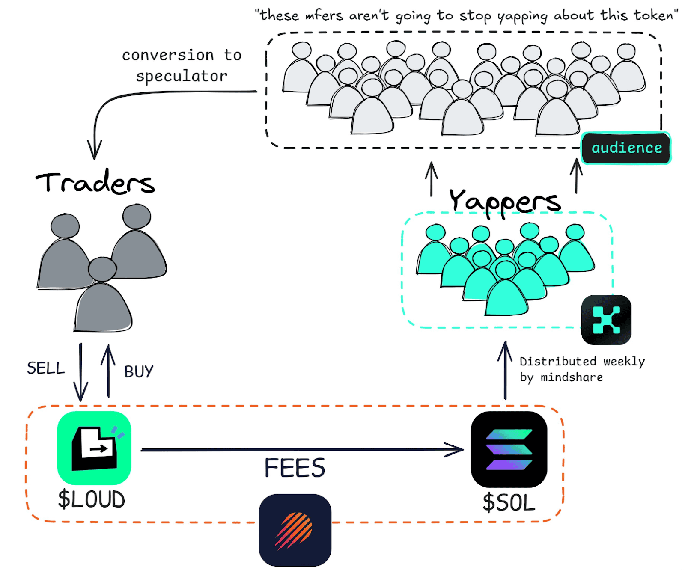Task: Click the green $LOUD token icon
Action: pos(94,448)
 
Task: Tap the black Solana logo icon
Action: pos(509,449)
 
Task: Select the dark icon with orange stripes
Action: pos(295,530)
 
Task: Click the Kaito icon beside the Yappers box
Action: pos(606,320)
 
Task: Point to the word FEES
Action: pos(295,468)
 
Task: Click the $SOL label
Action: pos(509,502)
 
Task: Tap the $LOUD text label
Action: pos(92,499)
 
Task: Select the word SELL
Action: pos(46,368)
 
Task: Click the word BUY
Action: pos(139,371)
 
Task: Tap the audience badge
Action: pos(626,148)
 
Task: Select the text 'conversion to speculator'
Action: pos(182,65)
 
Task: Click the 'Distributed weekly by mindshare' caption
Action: pos(582,369)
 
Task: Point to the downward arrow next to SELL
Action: pos(80,372)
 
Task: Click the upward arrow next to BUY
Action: pos(108,371)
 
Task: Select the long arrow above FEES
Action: pos(302,450)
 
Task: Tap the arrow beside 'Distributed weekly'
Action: pos(505,370)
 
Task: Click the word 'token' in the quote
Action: pos(654,15)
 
